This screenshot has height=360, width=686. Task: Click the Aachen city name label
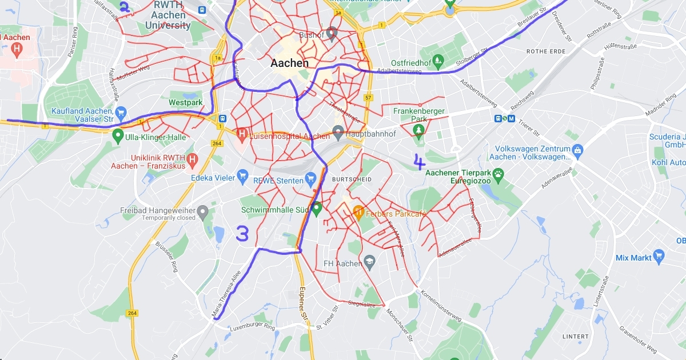point(289,63)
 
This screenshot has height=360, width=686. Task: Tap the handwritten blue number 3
point(242,234)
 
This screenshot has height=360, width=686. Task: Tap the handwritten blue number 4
point(420,162)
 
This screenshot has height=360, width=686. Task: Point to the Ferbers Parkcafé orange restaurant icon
point(358,211)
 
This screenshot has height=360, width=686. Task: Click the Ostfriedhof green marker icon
point(438,59)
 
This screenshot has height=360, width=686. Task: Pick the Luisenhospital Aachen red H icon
point(242,135)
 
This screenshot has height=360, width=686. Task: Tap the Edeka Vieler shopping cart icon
point(242,177)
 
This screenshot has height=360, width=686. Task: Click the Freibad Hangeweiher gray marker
point(202,214)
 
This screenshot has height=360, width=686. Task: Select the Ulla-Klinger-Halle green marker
point(118,137)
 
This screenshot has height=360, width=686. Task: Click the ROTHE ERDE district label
point(545,51)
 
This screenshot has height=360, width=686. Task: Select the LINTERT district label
point(575,335)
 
